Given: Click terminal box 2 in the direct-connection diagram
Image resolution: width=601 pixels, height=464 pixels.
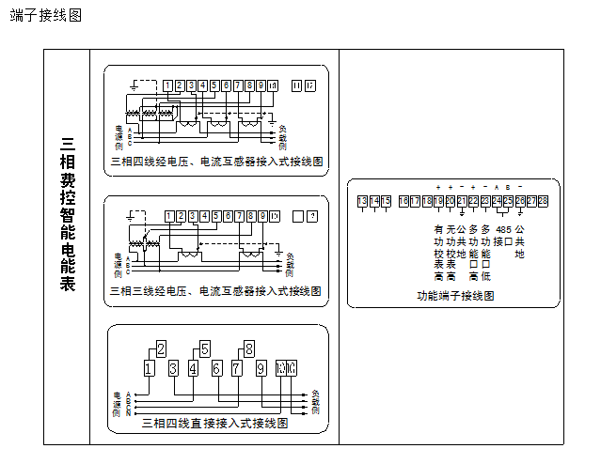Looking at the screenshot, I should click(x=161, y=350).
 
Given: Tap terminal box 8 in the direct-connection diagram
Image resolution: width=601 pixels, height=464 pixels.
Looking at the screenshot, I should click(x=249, y=350).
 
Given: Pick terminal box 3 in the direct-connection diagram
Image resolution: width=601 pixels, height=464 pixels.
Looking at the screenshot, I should click(x=173, y=368).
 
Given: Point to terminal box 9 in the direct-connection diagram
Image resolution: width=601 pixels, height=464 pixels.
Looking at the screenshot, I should click(x=261, y=368).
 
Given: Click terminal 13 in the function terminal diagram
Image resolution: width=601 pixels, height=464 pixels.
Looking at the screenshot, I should click(x=363, y=201).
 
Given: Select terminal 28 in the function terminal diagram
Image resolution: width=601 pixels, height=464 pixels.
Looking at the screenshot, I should click(x=543, y=201).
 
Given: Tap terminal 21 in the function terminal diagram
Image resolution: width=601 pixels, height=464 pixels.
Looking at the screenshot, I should click(x=462, y=201).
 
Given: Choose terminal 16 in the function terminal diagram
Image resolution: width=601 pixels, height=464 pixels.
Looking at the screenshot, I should click(x=404, y=201).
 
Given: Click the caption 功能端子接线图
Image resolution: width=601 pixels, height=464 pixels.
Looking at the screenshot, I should click(x=455, y=295).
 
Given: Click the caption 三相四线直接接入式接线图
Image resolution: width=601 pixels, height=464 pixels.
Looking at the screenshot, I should click(x=214, y=424).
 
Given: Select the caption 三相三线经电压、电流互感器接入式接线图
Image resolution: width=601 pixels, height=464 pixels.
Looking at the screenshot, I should click(x=216, y=292).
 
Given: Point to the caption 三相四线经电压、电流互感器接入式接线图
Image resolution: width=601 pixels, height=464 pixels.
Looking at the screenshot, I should click(x=216, y=162).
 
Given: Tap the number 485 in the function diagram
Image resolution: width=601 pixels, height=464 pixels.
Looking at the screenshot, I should click(x=503, y=229).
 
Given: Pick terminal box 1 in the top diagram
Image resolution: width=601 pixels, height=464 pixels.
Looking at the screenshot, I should click(x=167, y=86).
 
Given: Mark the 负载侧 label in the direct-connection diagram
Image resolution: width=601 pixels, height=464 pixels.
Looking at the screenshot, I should click(x=316, y=401).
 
